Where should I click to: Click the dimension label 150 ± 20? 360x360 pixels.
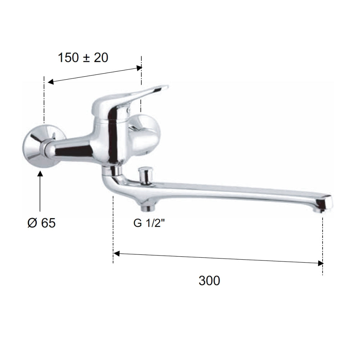coord(83,58)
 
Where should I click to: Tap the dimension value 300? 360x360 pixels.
coord(209,280)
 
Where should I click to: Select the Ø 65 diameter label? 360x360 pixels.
coord(41,223)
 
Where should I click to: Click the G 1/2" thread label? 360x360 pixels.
coord(149,223)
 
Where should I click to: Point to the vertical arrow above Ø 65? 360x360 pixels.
coord(40,191)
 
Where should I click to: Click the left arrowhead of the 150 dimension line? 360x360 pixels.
coord(51,82)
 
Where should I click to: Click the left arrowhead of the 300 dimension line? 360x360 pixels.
coord(116,254)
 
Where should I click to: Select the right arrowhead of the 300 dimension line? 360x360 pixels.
coord(320,263)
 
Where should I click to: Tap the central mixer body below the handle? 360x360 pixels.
coord(108,140)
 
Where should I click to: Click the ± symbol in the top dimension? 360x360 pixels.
coord(87,58)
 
